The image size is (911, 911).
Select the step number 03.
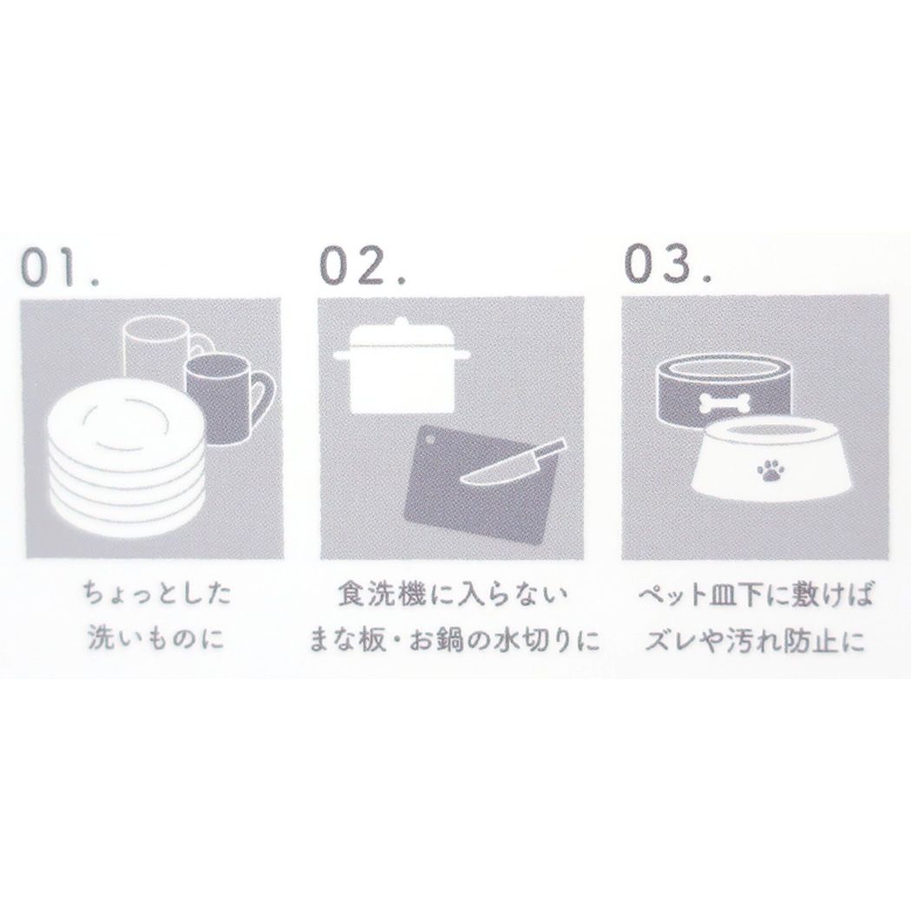click(667, 264)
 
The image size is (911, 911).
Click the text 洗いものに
click(155, 639)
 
